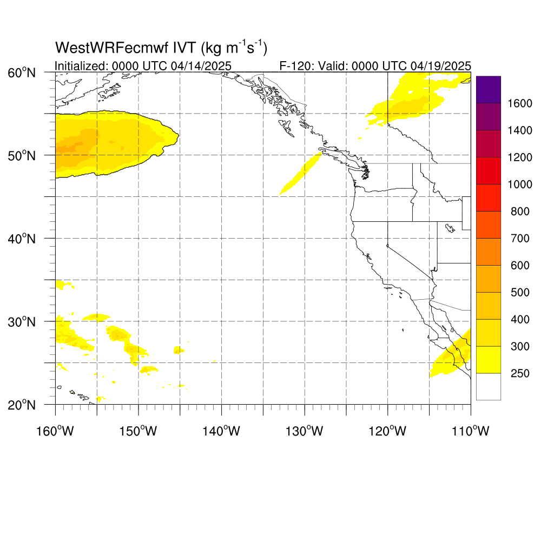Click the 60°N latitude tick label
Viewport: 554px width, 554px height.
[x=22, y=73]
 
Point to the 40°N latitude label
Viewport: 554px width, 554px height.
[x=22, y=239]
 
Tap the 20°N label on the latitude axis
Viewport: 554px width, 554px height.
[x=22, y=405]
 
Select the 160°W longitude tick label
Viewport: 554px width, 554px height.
[x=55, y=431]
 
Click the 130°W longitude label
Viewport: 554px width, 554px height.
[x=305, y=431]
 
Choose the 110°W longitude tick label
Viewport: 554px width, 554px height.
[x=471, y=431]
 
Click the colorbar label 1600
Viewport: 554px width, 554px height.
[x=520, y=103]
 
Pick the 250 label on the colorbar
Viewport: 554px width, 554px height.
[x=520, y=373]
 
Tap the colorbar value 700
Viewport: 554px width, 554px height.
[x=520, y=239]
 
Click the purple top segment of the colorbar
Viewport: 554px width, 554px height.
[x=489, y=89]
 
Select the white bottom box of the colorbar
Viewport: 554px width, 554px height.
[x=489, y=386]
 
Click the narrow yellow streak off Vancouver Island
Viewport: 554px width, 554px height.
[x=301, y=174]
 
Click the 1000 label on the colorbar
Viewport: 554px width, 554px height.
[x=520, y=184]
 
